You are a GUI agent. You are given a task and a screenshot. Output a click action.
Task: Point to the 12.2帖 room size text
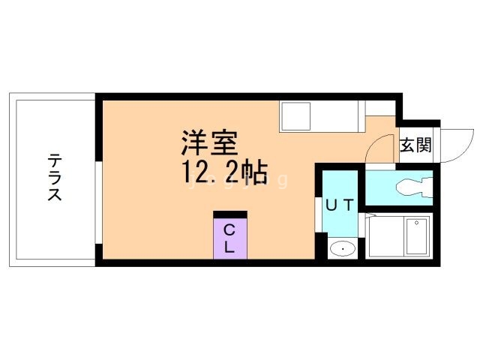(x=223, y=174)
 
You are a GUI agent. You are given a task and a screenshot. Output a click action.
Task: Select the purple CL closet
(x=230, y=239)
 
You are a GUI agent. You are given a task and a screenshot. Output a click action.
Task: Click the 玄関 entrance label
(x=415, y=145)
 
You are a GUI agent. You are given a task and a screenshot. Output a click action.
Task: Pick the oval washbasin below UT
(x=343, y=247)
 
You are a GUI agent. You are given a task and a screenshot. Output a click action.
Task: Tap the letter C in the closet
(x=230, y=230)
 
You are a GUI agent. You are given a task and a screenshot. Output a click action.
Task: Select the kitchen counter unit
(x=322, y=116)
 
